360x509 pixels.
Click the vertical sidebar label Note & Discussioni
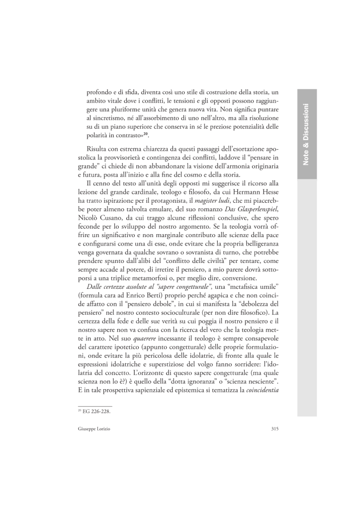pos(306,135)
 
